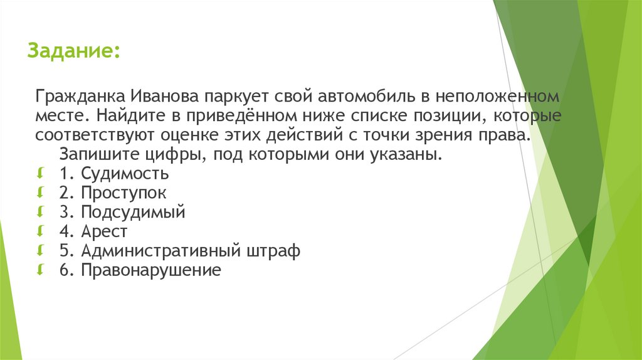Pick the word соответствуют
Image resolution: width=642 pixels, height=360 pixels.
(92, 135)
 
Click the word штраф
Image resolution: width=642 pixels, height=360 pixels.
(273, 251)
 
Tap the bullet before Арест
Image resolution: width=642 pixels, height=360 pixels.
(41, 231)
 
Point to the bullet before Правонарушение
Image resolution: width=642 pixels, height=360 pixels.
(41, 270)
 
